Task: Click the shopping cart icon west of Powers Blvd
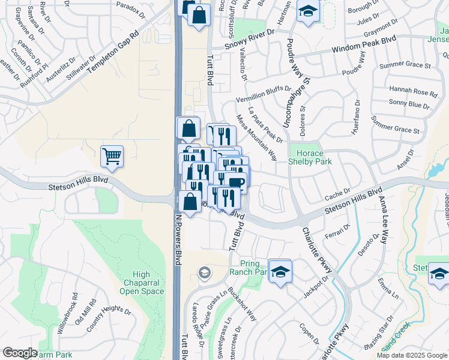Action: [112, 157]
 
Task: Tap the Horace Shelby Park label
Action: [310, 157]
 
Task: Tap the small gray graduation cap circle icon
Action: [204, 273]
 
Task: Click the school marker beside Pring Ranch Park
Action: [280, 271]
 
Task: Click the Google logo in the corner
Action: [20, 353]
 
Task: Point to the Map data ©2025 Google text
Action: [412, 355]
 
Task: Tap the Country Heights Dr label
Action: [109, 311]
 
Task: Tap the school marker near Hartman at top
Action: [308, 12]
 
